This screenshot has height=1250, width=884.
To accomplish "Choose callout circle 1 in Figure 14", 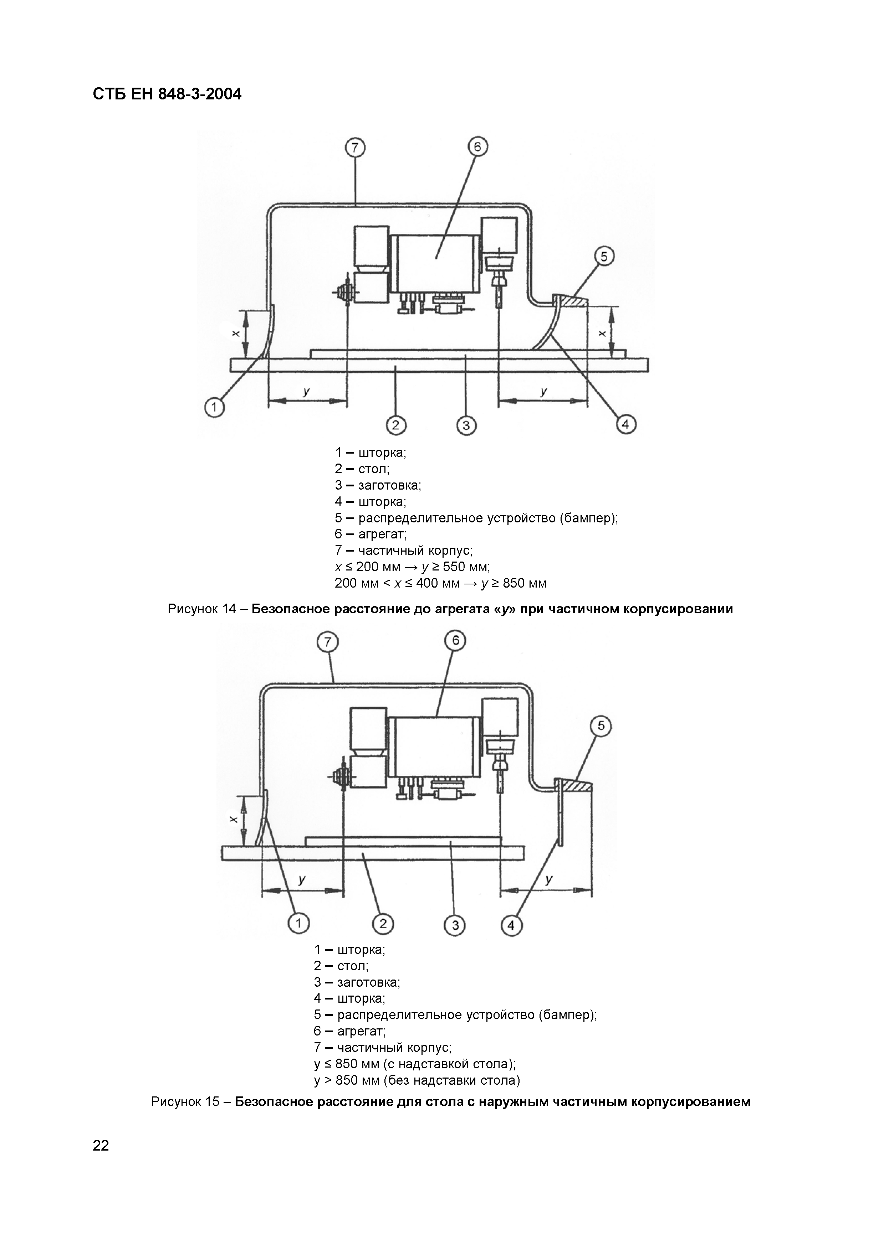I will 214,407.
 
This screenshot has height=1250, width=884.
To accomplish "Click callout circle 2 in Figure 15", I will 383,923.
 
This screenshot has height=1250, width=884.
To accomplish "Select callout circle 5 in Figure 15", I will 601,726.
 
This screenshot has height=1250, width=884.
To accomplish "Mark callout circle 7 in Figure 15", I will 327,643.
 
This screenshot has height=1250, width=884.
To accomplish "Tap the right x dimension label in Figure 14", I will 602,333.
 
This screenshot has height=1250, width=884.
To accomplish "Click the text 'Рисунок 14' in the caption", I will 201,609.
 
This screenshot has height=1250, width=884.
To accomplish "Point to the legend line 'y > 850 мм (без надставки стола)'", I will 417,1080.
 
